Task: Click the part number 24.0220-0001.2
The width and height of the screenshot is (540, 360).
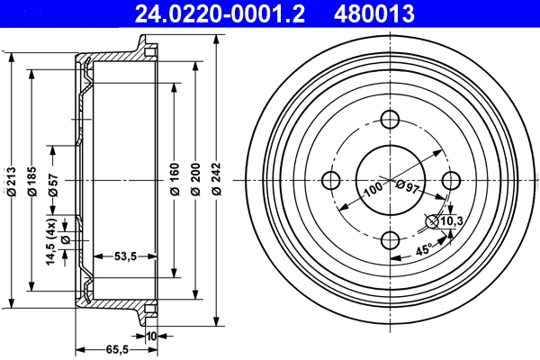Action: pos(211,13)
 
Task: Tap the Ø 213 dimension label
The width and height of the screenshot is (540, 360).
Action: pos(11,180)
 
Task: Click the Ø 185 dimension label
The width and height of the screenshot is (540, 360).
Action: pos(31,180)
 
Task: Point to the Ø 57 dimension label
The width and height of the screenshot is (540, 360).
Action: pos(53,180)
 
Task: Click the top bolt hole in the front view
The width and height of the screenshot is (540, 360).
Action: pos(391,120)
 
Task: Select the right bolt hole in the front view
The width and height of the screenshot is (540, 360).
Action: pos(450,180)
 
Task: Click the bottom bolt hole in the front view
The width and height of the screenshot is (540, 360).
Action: pos(391,240)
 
